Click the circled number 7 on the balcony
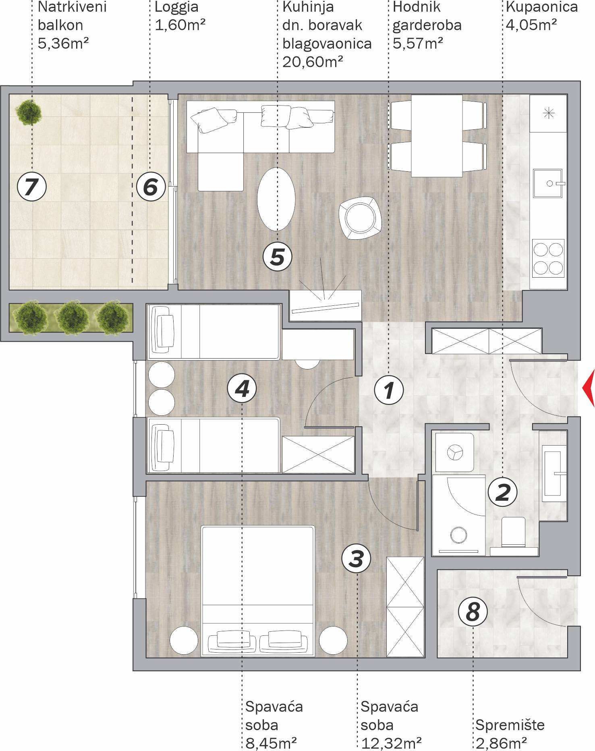[32, 187]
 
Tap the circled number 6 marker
[151, 187]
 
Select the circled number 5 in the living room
[277, 256]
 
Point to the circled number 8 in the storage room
[473, 612]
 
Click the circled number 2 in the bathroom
[502, 492]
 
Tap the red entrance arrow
[589, 389]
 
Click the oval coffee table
[276, 199]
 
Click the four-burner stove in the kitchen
[548, 259]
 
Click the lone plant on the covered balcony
[29, 112]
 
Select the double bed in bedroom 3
[258, 591]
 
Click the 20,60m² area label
[313, 62]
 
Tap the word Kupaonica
[542, 7]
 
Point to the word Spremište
[510, 725]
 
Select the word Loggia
[176, 7]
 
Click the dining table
[437, 136]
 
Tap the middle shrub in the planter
[72, 317]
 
